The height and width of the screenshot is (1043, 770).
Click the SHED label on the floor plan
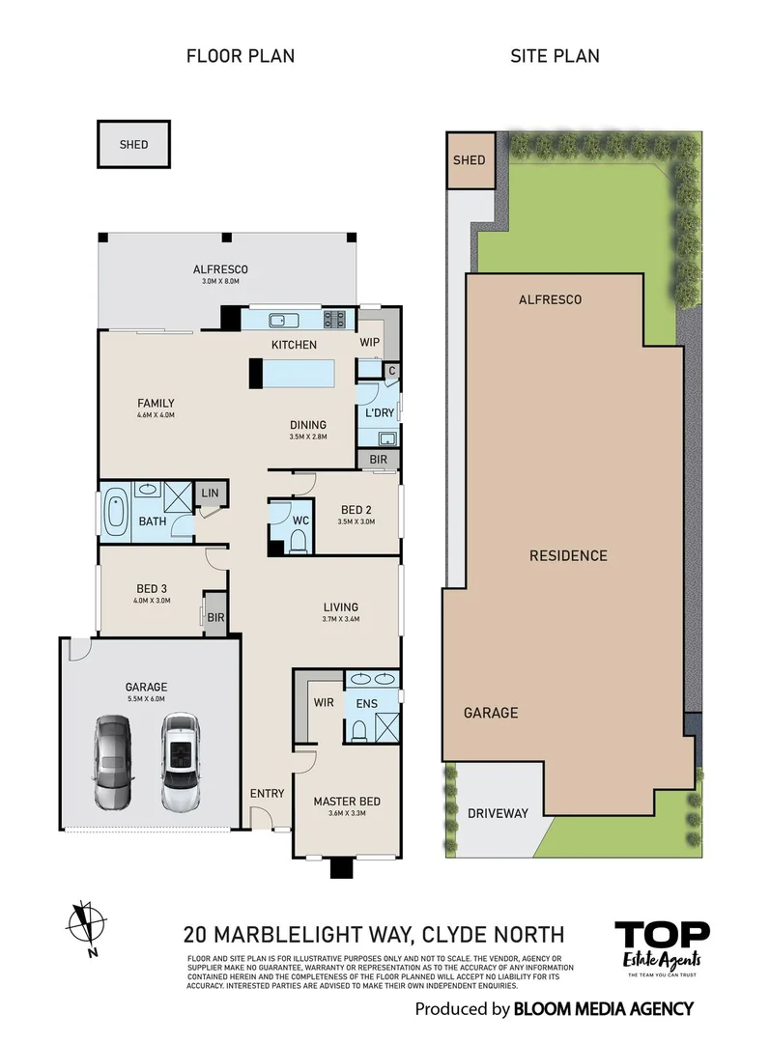[x=133, y=145]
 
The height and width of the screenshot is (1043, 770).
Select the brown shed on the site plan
[x=469, y=160]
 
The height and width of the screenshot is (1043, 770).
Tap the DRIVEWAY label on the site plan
[x=498, y=813]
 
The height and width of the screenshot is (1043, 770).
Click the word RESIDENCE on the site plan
[x=568, y=555]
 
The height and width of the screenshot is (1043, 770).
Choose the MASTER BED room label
[x=346, y=802]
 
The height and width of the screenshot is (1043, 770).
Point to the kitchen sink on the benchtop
[x=275, y=320]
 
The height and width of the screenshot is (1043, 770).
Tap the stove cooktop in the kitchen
[x=335, y=320]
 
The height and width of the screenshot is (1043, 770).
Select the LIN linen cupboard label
[x=208, y=493]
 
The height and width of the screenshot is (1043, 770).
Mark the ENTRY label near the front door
[x=268, y=794]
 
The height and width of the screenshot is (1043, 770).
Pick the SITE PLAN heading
[x=555, y=56]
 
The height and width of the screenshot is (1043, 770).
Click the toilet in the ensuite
[x=359, y=731]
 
